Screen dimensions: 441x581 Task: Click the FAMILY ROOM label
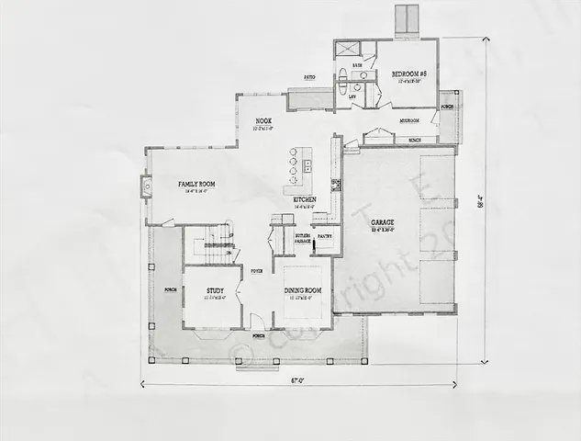(x=196, y=185)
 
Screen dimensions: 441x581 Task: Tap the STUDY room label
(x=215, y=291)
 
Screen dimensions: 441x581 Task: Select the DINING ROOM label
(x=301, y=291)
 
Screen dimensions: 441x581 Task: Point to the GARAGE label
(x=383, y=223)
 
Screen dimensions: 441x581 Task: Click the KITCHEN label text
(x=305, y=199)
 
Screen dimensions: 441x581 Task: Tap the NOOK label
(x=263, y=121)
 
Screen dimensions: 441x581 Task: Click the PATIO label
(x=309, y=77)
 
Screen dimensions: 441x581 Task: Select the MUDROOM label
(x=409, y=120)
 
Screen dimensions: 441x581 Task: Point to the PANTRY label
(x=324, y=236)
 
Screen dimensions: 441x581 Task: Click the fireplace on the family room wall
(x=147, y=187)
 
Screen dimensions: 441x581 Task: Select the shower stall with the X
(x=347, y=50)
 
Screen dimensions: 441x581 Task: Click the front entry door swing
(x=258, y=322)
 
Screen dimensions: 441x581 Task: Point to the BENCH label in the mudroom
(x=415, y=141)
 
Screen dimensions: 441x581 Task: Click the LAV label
(x=352, y=94)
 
